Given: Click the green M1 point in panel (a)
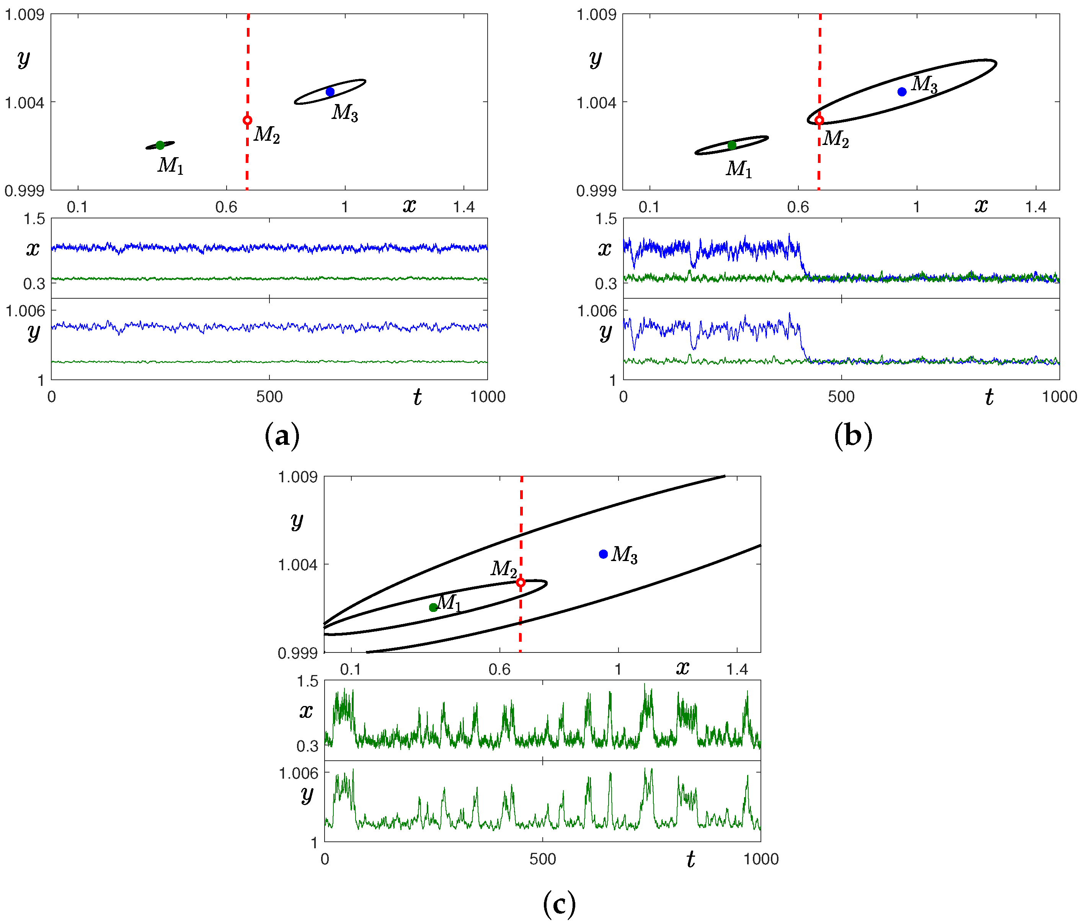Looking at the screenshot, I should [x=160, y=145].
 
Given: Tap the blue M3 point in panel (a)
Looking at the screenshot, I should [x=330, y=92].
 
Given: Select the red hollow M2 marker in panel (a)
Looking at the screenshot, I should [x=248, y=120].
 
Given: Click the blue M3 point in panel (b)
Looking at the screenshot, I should [x=902, y=92].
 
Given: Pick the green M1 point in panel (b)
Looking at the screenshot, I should [x=731, y=145].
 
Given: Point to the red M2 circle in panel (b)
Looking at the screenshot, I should [x=819, y=120].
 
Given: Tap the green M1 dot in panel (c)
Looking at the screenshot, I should [x=433, y=607].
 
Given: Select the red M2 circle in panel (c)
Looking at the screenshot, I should [x=521, y=582].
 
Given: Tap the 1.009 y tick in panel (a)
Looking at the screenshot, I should [x=24, y=14].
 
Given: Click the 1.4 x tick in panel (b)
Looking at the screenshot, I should [x=1036, y=207].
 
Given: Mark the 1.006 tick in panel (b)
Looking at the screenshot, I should [x=597, y=311].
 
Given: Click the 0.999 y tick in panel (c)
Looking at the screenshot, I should [x=298, y=653].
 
